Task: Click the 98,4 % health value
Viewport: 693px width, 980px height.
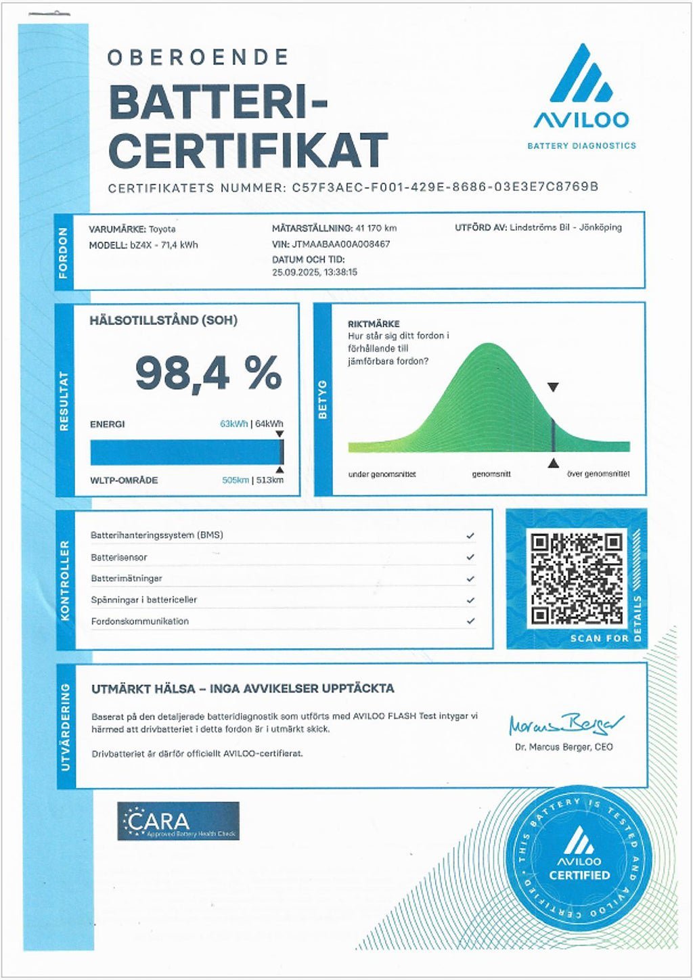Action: point(208,373)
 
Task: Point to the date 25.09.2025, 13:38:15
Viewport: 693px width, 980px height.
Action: point(315,272)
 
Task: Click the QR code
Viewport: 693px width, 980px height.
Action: point(577,579)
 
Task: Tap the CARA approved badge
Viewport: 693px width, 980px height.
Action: point(178,821)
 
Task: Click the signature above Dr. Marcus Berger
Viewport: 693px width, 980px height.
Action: point(566,725)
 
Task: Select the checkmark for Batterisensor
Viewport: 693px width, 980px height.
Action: point(470,557)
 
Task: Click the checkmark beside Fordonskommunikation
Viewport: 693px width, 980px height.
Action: point(470,621)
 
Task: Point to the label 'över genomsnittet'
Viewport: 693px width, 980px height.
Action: point(598,474)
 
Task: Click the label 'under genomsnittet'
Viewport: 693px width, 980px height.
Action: point(382,474)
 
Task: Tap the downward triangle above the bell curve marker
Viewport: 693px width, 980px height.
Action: point(553,388)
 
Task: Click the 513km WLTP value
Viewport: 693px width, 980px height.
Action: point(269,480)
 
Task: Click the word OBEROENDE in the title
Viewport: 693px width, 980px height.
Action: point(198,58)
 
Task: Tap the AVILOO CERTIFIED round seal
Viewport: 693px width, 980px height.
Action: point(579,858)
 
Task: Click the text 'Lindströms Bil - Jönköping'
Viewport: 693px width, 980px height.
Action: point(565,227)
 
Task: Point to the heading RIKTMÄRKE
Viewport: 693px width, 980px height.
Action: point(374,324)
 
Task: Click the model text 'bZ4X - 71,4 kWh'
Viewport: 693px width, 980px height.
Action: point(164,245)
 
